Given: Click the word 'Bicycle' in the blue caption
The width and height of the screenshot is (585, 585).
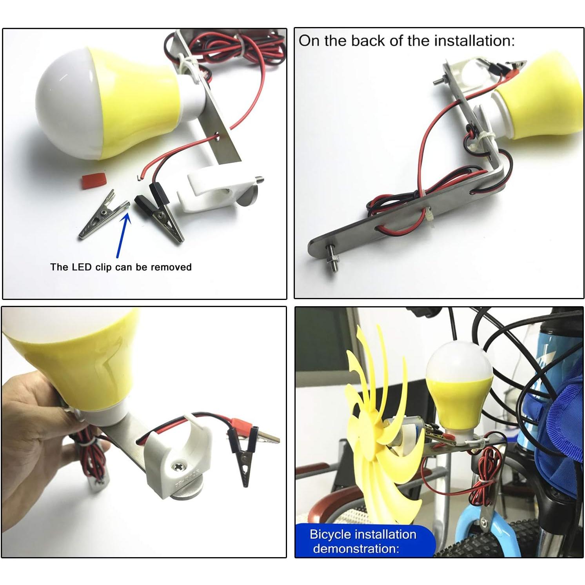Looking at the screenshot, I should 330,534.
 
